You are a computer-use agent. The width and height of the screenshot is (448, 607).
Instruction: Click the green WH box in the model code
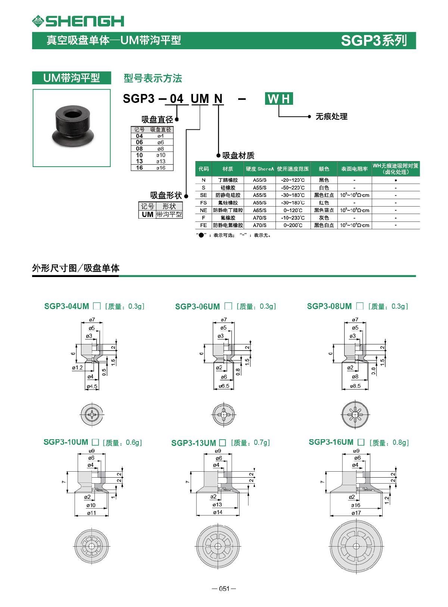[279, 99]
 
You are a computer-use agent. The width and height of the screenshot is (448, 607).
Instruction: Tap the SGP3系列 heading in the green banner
[374, 40]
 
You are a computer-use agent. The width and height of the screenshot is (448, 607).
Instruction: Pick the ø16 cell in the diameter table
[161, 168]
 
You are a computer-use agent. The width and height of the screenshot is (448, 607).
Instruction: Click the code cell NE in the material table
[203, 210]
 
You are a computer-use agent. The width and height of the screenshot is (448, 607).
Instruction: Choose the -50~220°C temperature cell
[293, 188]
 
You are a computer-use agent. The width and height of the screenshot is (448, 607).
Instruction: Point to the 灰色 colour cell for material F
[324, 218]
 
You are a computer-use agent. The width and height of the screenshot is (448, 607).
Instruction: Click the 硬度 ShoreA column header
[259, 169]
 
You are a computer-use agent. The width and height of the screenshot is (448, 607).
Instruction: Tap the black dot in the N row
[396, 180]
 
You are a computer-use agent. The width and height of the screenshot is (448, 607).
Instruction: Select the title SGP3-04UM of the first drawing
[66, 306]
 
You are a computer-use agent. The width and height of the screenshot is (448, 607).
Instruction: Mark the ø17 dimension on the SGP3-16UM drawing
[356, 513]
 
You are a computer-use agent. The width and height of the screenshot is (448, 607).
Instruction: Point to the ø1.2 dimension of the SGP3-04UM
[77, 368]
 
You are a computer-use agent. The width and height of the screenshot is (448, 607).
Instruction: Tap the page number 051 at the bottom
[224, 589]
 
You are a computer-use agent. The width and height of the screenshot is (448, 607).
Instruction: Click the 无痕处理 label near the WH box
[331, 116]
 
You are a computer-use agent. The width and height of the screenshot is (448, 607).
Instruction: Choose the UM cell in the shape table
[147, 214]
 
